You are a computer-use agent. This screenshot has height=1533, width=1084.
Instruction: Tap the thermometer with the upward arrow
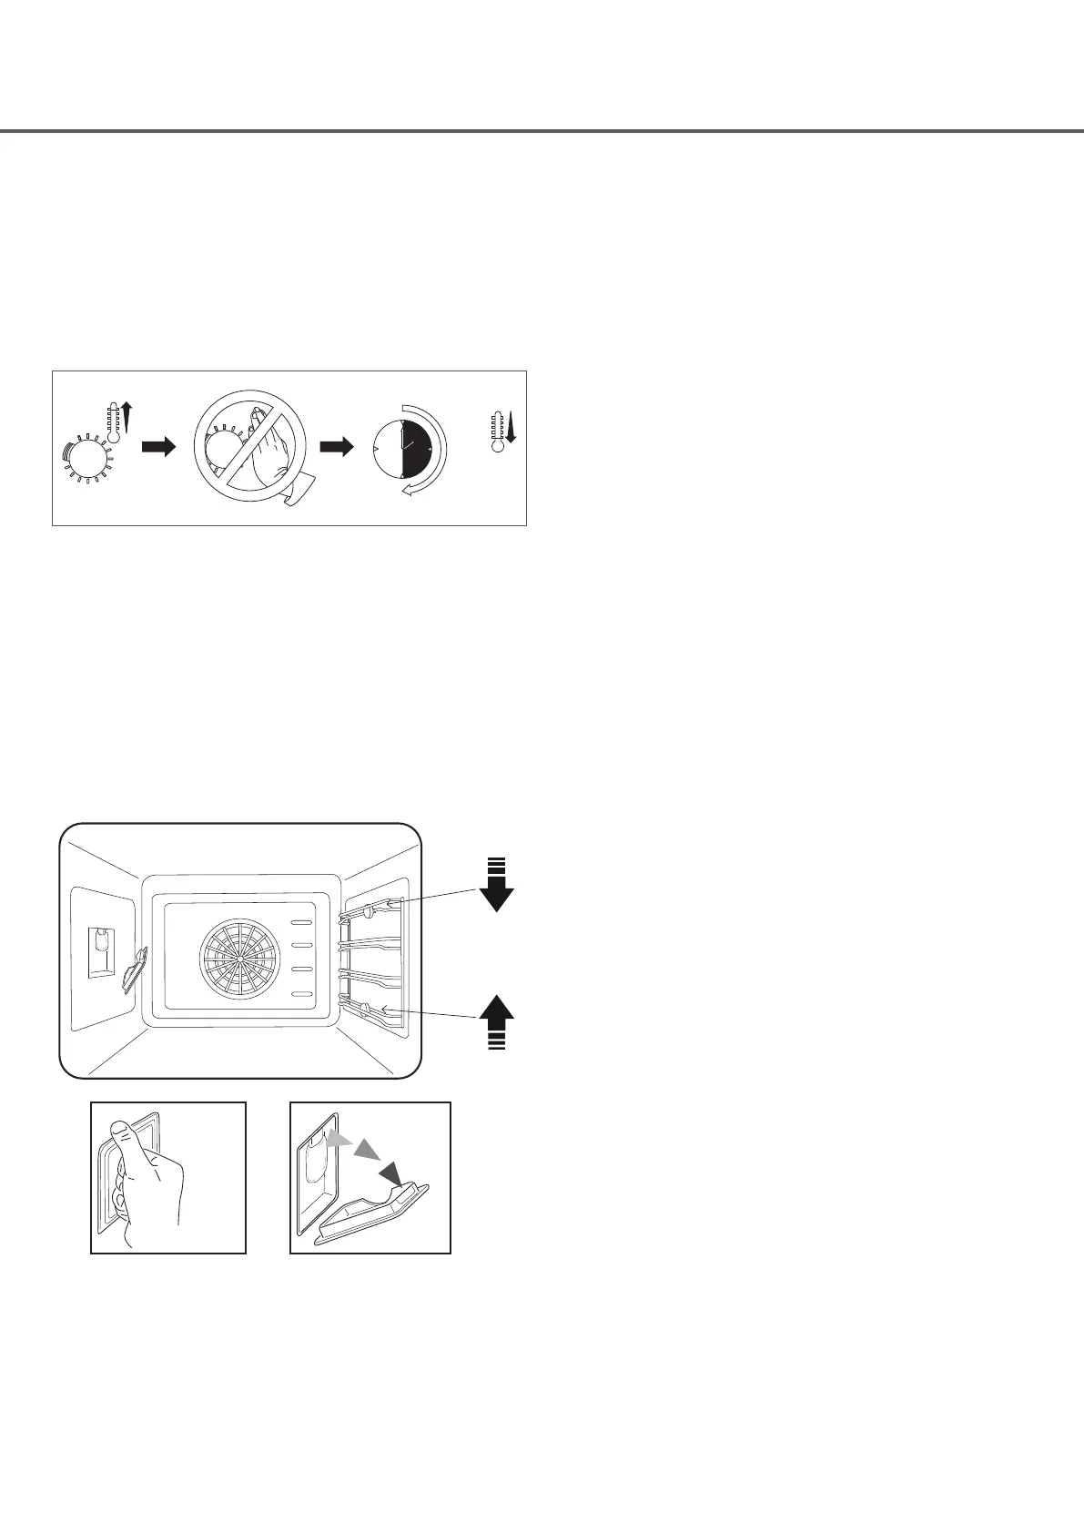[115, 423]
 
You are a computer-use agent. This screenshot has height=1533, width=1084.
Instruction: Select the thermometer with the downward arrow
[498, 429]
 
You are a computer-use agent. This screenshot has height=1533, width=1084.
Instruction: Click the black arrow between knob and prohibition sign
[158, 448]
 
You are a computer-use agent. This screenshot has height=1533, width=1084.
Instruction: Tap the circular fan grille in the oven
[238, 959]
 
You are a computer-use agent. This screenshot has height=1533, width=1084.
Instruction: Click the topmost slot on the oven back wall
[301, 922]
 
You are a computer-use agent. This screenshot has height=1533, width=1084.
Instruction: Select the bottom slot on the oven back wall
[301, 992]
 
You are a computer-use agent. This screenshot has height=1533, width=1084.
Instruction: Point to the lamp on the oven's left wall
[102, 952]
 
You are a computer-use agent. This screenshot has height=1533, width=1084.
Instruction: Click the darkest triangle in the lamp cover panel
[392, 1172]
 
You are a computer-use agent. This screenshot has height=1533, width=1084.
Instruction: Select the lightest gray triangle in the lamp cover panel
[338, 1141]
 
